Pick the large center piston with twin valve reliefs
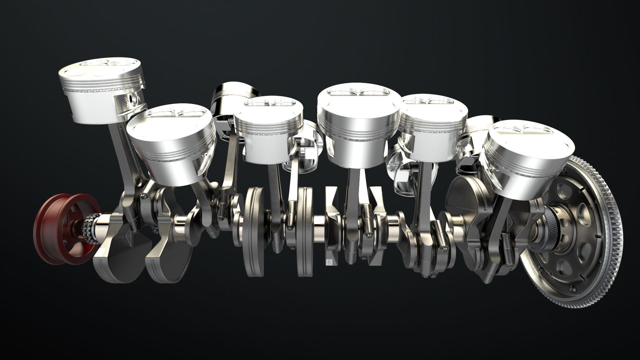[358, 120]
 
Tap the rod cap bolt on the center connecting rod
[368, 235]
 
